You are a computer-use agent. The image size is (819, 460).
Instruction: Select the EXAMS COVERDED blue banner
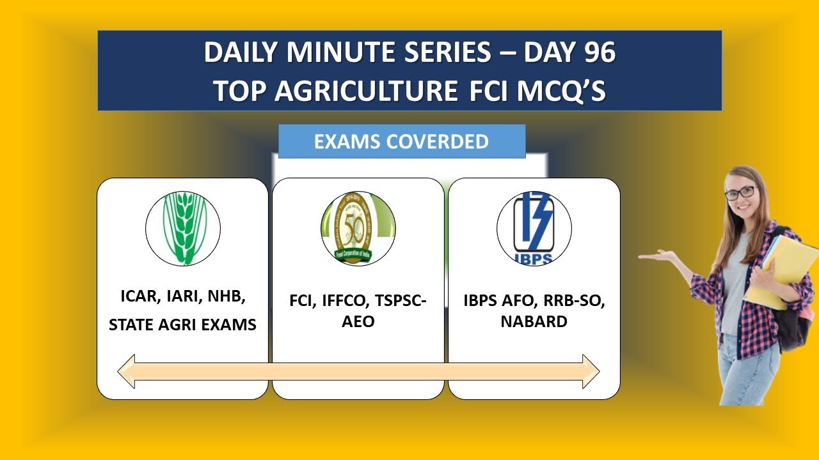click(x=402, y=141)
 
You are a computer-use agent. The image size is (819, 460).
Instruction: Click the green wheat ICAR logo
click(x=183, y=229)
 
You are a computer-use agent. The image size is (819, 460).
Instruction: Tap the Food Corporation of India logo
click(x=358, y=229)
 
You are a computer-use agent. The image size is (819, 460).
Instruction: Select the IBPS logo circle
click(x=534, y=229)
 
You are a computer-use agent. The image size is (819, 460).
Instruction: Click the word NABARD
click(x=534, y=321)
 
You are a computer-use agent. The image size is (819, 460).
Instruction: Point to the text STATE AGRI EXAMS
click(x=182, y=325)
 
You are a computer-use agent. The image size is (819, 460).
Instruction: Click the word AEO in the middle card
click(x=358, y=321)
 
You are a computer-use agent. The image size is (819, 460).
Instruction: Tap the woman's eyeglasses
click(x=740, y=192)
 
